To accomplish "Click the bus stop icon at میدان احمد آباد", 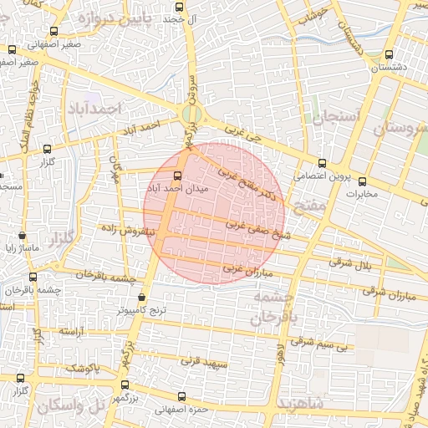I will [x=176, y=176].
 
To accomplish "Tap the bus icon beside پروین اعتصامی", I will [x=323, y=163].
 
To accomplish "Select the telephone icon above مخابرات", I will [x=361, y=181].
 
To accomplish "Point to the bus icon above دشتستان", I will [x=388, y=53].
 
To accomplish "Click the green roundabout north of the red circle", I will [x=192, y=113].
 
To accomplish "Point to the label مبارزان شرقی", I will [x=390, y=293].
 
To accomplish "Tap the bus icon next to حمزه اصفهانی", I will [x=181, y=396].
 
